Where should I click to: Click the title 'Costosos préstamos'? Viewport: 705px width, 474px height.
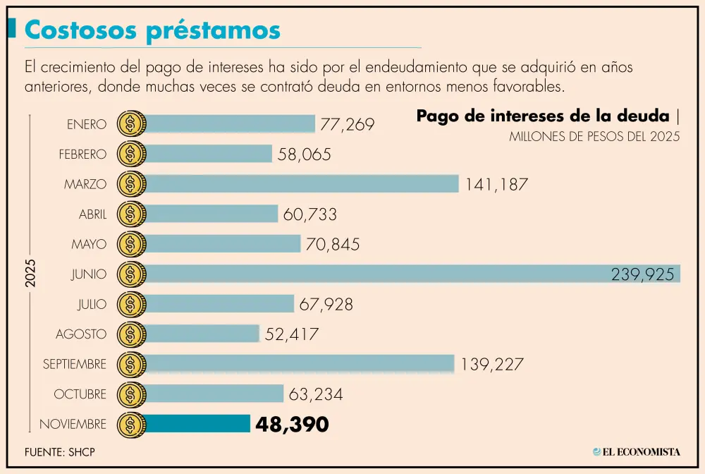click(152, 30)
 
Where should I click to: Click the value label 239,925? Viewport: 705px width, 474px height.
click(642, 274)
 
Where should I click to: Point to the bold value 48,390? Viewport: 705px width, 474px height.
click(292, 424)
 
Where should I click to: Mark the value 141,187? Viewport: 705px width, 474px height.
click(496, 185)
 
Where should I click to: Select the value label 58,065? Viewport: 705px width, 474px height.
click(304, 154)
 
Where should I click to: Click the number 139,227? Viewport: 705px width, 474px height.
click(492, 364)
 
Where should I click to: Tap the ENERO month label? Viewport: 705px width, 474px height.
click(86, 125)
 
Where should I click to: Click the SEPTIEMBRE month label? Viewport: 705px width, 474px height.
click(74, 364)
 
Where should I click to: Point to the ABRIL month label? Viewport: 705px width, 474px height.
click(92, 214)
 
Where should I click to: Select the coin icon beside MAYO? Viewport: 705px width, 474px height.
click(131, 244)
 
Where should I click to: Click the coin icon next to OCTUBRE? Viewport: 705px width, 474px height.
click(131, 394)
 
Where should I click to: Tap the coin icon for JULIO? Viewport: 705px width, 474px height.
click(131, 304)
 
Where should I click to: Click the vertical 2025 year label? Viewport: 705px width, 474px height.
click(30, 274)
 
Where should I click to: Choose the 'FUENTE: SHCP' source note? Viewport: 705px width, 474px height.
click(59, 452)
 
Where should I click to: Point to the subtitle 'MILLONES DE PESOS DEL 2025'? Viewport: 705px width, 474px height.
click(594, 138)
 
